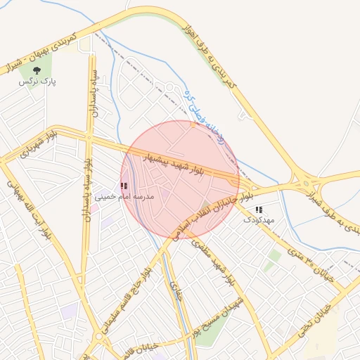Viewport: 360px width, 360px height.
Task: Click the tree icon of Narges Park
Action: [x=37, y=70]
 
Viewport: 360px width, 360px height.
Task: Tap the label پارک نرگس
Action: [x=37, y=82]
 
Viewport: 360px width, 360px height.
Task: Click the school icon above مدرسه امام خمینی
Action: [x=124, y=186]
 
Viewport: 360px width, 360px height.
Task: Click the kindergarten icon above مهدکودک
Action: [x=259, y=210]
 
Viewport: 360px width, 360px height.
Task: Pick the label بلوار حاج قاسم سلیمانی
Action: [x=127, y=295]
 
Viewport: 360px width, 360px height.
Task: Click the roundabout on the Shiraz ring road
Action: [x=307, y=184]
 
